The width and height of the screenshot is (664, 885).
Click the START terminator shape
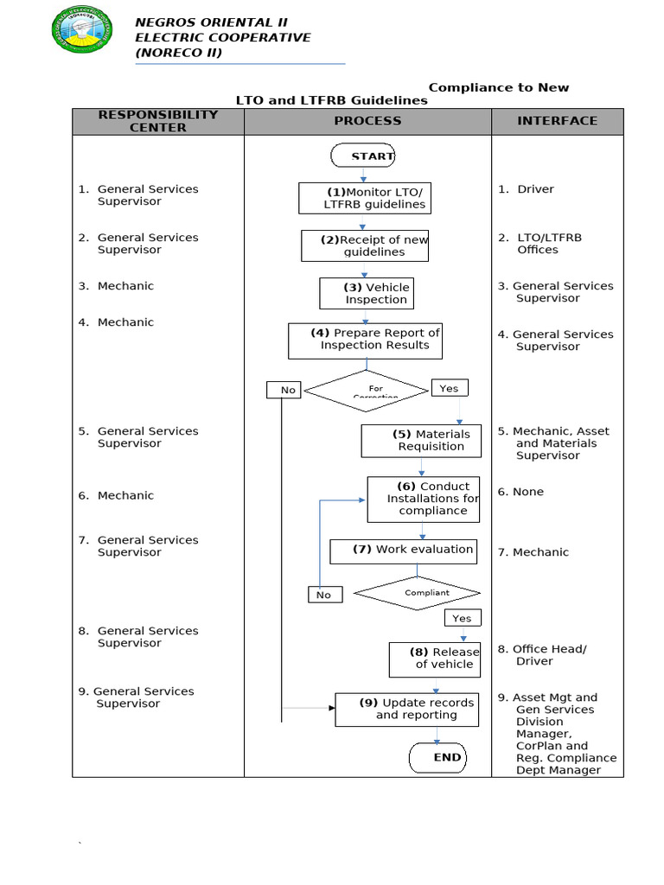pyautogui.click(x=363, y=156)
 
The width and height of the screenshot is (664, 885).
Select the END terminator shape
pyautogui.click(x=438, y=758)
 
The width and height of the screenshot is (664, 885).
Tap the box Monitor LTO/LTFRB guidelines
pyautogui.click(x=364, y=198)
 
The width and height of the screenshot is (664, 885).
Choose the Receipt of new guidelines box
pyautogui.click(x=365, y=245)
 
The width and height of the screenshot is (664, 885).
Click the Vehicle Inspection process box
pyautogui.click(x=366, y=293)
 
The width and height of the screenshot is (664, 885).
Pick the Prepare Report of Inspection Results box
pyautogui.click(x=366, y=341)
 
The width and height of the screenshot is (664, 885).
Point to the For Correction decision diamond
pyautogui.click(x=367, y=391)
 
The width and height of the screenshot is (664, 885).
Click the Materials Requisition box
pyautogui.click(x=421, y=441)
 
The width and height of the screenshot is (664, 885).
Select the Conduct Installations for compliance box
pyautogui.click(x=423, y=499)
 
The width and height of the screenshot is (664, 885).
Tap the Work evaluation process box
pyautogui.click(x=403, y=551)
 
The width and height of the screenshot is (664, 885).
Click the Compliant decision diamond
pyautogui.click(x=417, y=593)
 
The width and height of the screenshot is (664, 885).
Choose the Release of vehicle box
pyautogui.click(x=434, y=659)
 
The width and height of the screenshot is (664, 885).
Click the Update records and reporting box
pyautogui.click(x=406, y=710)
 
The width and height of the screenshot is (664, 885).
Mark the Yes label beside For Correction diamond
pyautogui.click(x=449, y=389)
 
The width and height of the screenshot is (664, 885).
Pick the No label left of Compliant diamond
pyautogui.click(x=324, y=595)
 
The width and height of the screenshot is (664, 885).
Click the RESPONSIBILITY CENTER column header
pyautogui.click(x=158, y=121)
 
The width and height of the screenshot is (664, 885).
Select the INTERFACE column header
pyautogui.click(x=557, y=121)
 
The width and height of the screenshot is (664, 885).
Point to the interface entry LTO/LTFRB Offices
pyautogui.click(x=539, y=244)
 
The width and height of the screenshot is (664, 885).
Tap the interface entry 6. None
pyautogui.click(x=520, y=492)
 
